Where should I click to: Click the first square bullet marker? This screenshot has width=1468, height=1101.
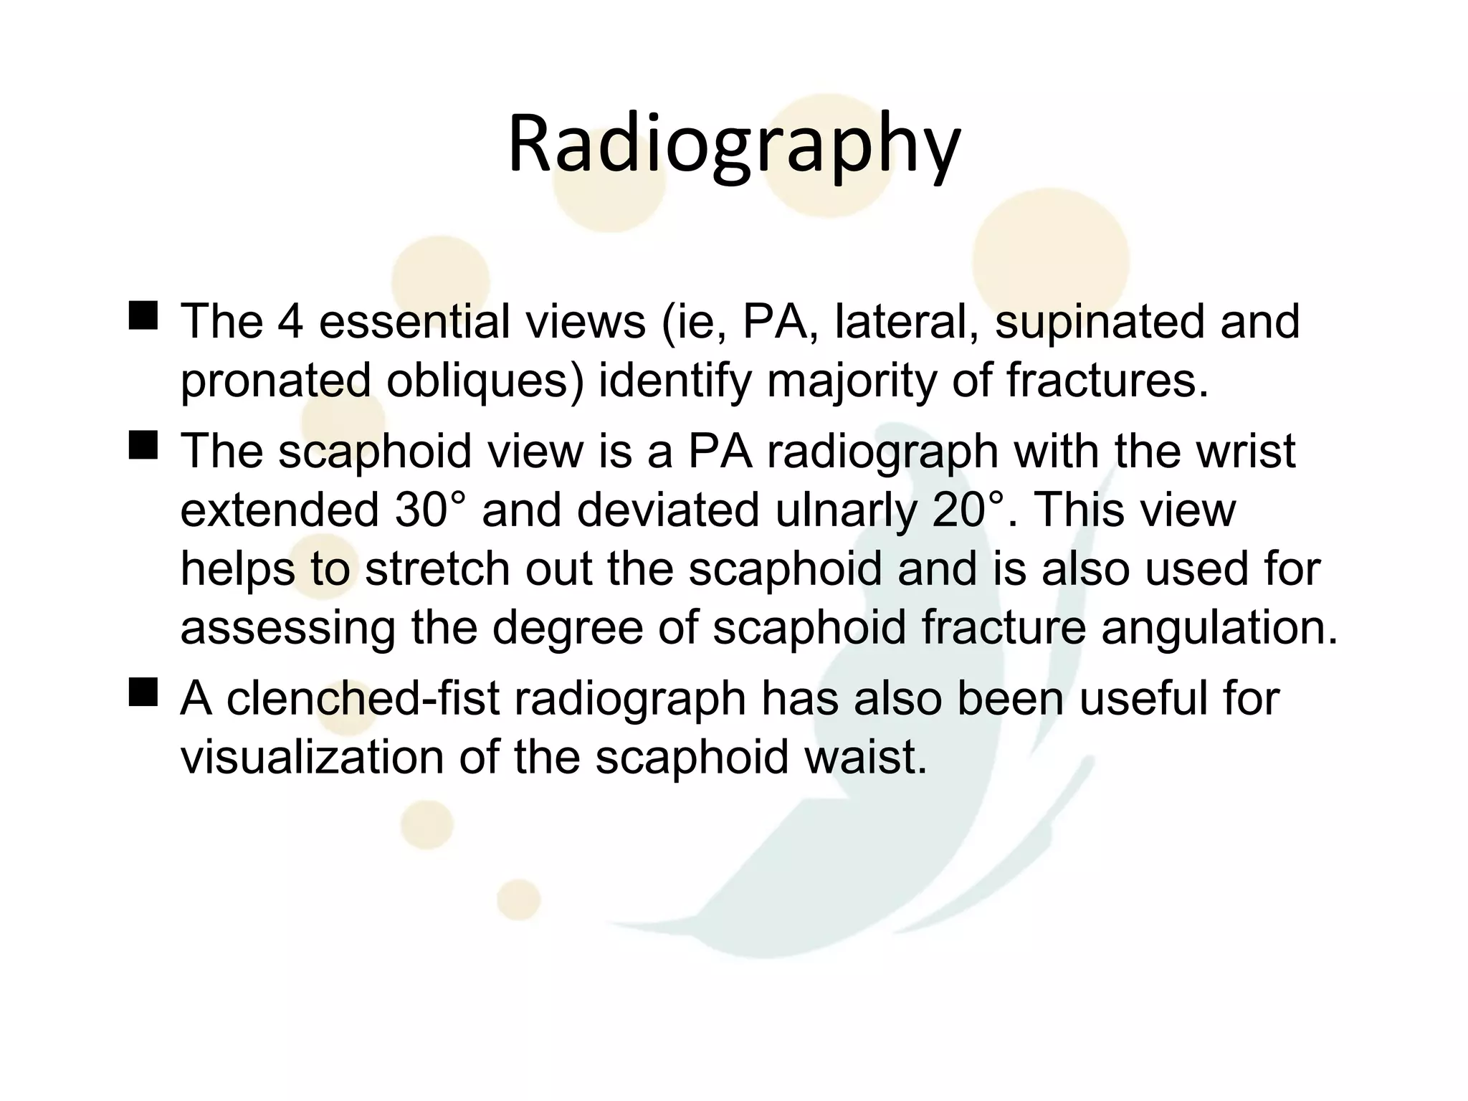143,315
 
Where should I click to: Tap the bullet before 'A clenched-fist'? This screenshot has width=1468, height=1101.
143,693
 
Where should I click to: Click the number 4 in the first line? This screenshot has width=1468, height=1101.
291,321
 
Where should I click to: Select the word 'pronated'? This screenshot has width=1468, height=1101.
275,381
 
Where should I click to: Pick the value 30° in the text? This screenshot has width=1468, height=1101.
430,510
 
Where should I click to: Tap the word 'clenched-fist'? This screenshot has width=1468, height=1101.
363,699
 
